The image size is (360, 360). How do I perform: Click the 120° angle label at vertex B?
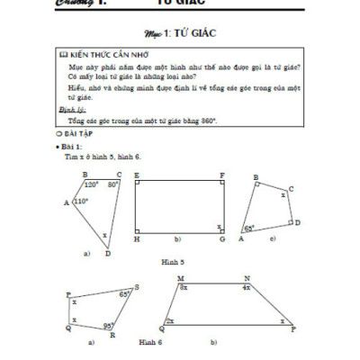(91, 184)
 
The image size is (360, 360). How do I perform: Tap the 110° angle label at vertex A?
(80, 202)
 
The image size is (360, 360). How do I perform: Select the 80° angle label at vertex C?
(112, 184)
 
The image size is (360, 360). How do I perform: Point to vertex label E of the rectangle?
(136, 175)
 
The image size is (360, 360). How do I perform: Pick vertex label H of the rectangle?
(136, 240)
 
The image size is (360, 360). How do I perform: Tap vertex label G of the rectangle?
(221, 240)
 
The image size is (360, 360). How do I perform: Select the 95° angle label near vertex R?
(107, 325)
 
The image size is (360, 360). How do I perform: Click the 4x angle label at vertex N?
(246, 287)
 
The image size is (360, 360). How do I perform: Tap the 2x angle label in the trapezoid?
(171, 319)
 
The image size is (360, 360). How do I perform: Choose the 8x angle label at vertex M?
(183, 287)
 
